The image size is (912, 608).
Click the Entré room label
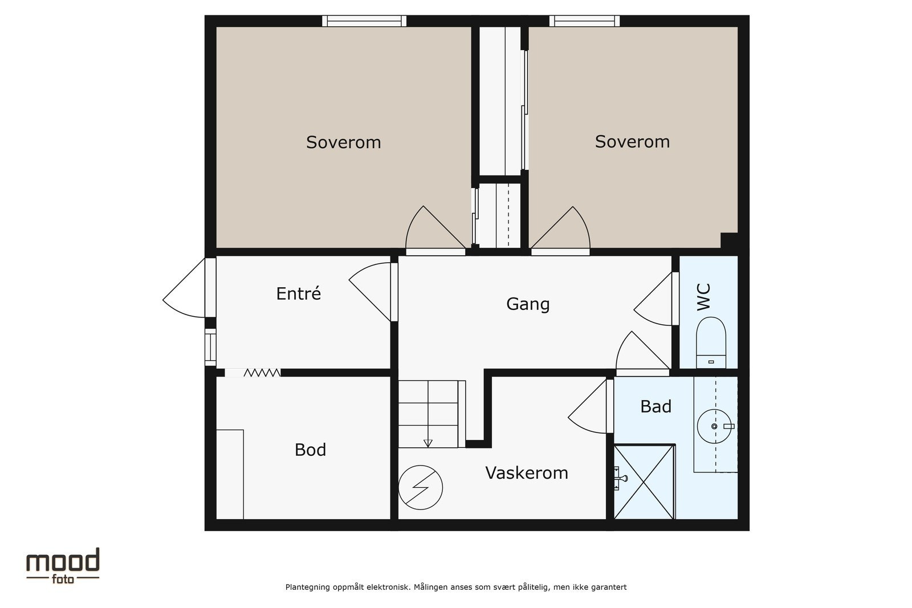(x=299, y=293)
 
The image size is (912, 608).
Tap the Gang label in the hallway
(x=528, y=304)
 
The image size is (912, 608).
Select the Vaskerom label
(x=527, y=472)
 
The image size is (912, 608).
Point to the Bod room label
(x=310, y=450)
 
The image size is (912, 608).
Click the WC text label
(x=703, y=297)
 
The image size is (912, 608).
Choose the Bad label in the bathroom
(x=655, y=406)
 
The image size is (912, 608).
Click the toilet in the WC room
(x=711, y=342)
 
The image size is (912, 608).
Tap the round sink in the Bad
(x=714, y=426)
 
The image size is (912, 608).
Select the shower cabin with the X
(x=644, y=482)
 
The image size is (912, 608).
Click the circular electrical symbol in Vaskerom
(x=420, y=487)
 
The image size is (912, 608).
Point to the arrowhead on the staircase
(x=427, y=443)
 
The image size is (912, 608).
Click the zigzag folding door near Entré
(x=262, y=372)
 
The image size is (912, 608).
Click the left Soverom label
(x=343, y=142)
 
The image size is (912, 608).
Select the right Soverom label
(x=632, y=141)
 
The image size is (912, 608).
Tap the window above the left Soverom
(x=364, y=21)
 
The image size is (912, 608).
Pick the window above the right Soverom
(x=584, y=21)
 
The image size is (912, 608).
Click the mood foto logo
(x=63, y=565)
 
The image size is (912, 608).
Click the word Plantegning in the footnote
(x=307, y=587)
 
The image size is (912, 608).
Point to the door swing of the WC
(x=652, y=299)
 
